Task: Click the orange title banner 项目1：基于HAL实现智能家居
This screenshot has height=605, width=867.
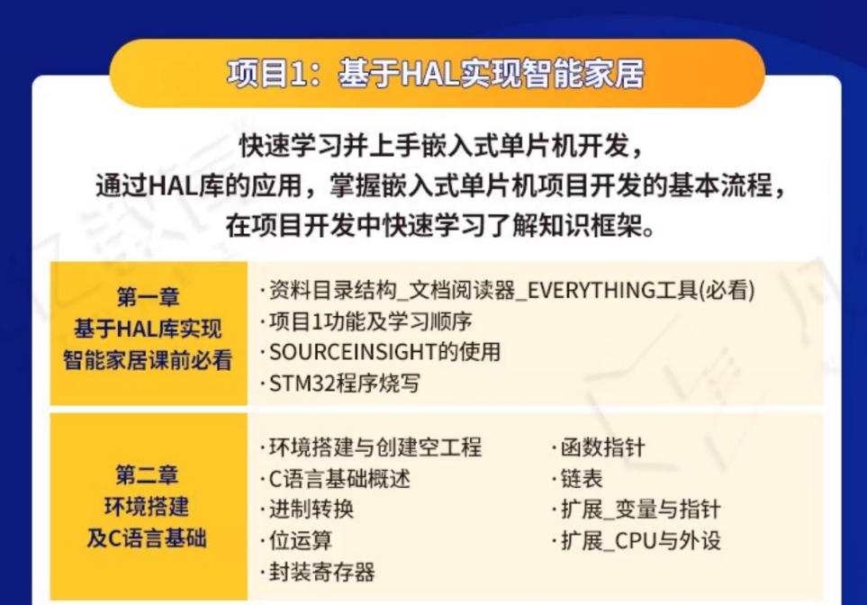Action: (437, 73)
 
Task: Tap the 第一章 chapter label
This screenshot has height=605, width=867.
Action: (149, 297)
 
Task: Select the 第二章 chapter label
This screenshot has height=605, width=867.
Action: (147, 475)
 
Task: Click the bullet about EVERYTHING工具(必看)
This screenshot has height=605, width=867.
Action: (507, 290)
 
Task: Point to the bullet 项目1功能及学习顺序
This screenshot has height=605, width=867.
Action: (366, 321)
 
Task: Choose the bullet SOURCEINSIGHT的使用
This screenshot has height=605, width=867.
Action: (381, 352)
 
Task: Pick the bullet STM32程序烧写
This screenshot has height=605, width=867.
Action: (340, 384)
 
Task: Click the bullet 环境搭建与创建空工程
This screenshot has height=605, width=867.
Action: (371, 447)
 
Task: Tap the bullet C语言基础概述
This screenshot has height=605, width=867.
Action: (335, 478)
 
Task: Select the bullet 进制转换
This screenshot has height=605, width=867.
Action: (307, 510)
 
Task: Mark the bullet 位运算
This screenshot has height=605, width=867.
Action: (296, 540)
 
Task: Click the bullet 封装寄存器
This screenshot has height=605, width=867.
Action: (318, 572)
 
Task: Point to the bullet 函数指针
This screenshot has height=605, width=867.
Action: (599, 447)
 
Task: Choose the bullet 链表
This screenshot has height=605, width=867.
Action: (577, 478)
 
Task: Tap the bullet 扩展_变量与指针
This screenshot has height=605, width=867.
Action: (637, 510)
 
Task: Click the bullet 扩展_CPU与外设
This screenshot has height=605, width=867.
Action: (637, 540)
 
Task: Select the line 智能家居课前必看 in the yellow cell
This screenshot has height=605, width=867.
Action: (148, 360)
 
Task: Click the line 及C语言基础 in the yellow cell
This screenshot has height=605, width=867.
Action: (147, 538)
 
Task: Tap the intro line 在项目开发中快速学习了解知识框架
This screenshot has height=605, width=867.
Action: (440, 226)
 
